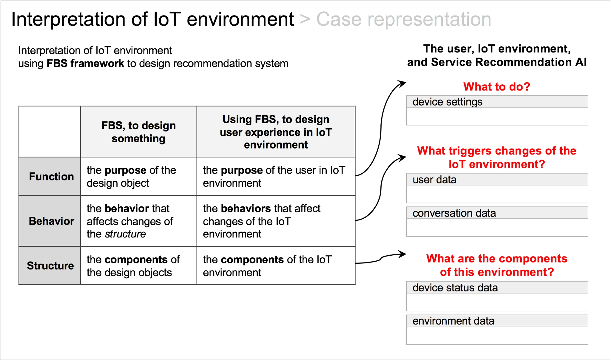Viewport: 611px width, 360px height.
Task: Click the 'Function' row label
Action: coord(51,177)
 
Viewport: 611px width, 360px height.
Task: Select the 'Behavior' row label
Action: coord(51,221)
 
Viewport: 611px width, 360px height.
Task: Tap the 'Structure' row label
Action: coord(50,265)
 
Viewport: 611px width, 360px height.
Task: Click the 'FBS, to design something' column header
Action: coord(138,132)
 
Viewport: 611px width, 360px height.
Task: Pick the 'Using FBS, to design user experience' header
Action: coord(276,132)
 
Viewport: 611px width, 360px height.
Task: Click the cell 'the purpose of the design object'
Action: coord(131,177)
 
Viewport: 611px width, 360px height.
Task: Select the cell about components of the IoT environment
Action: coord(267,266)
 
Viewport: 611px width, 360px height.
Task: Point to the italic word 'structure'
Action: coord(125,234)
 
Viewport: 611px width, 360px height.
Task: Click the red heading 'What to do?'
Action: coord(497,87)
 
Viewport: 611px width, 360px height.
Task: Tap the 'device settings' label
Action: coord(447,102)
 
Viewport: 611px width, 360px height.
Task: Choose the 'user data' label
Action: coord(434,180)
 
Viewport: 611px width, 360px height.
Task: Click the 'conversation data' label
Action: coord(454,213)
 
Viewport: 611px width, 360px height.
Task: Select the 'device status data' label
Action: coord(455,288)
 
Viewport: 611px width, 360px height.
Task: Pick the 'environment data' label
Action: coord(453,321)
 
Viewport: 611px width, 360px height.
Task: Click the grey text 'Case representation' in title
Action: coord(404,20)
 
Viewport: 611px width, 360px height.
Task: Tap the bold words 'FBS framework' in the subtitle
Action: coord(85,64)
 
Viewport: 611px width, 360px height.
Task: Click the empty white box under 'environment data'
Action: coord(497,335)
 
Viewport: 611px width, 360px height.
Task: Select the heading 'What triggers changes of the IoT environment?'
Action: coord(497,157)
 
